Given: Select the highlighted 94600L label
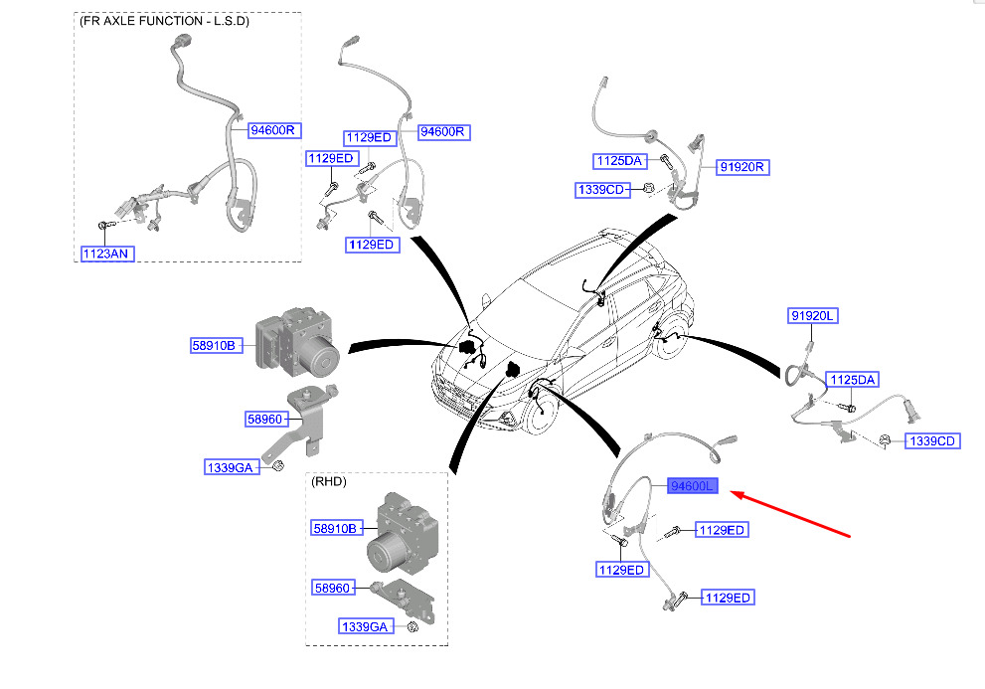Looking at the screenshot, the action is coord(692,486).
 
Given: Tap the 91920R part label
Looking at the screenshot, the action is coord(741,167).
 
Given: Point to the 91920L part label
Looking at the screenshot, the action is coord(813,315).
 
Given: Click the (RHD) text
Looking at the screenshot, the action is coord(329,481).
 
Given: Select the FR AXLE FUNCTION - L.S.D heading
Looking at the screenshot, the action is coord(165,21).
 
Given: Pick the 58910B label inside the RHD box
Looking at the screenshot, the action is coord(335,529).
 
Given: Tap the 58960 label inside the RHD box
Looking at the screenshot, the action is coord(332,588).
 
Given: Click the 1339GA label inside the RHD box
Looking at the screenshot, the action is coord(365,626).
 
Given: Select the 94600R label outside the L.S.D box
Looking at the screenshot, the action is coord(443,131).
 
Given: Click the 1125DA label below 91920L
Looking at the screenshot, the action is coord(853,380).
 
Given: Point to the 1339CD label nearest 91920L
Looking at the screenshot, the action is coord(932,441).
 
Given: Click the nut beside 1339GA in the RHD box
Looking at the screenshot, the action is coord(412,626).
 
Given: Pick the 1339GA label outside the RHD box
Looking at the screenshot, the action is coord(233,467).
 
